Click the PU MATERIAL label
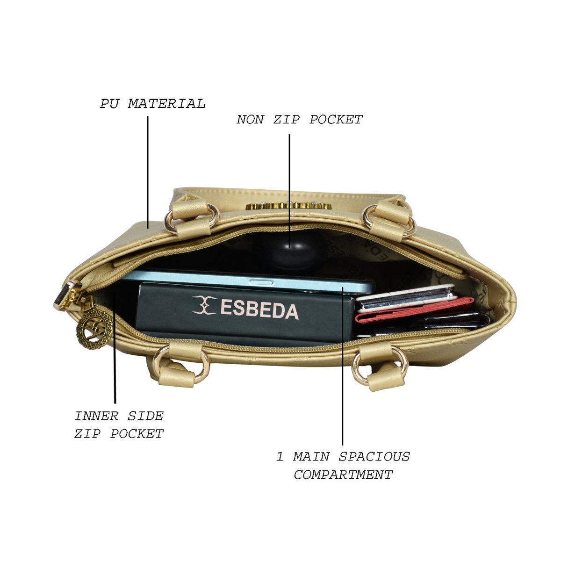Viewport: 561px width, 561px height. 153,104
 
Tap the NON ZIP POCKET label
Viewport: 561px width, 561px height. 300,120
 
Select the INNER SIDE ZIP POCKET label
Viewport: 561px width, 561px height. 119,425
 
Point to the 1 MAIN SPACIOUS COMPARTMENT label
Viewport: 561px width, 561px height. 343,466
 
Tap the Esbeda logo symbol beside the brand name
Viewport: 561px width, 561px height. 205,305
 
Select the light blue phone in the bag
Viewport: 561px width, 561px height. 247,282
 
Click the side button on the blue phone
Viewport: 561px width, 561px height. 261,283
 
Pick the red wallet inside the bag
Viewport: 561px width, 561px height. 413,310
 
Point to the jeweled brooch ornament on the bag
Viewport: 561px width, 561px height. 289,206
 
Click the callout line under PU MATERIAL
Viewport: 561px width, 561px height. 148,173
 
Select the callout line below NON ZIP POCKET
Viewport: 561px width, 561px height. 289,191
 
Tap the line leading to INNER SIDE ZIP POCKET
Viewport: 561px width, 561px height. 115,348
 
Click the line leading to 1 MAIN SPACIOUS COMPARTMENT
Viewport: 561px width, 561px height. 343,366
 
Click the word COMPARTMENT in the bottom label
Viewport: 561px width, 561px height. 343,475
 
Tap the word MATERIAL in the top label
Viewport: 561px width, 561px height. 167,104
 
